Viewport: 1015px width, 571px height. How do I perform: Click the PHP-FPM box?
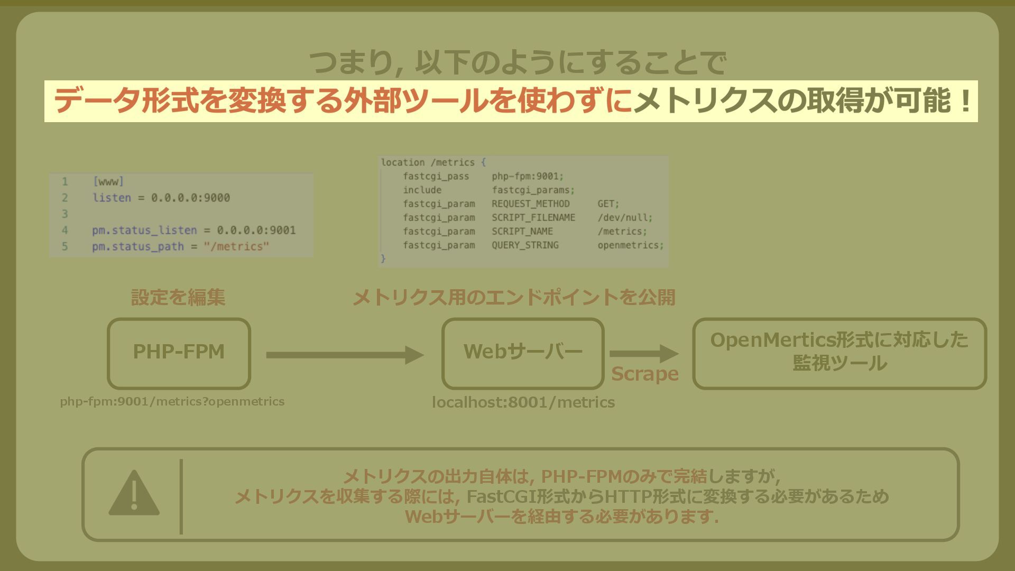(x=179, y=353)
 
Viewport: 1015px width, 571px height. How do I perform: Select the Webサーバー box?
(x=523, y=353)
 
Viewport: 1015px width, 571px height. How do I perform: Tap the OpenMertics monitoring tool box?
(x=839, y=353)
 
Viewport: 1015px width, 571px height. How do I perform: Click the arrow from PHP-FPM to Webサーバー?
(x=345, y=355)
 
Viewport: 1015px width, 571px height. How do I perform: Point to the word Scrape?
(x=644, y=374)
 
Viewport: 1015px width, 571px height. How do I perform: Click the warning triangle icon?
(x=134, y=493)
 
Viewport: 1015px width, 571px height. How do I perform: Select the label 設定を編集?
(x=178, y=298)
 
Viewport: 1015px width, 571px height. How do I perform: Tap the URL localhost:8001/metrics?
(x=523, y=402)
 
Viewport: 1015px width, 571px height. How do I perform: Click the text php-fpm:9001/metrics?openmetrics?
(x=172, y=402)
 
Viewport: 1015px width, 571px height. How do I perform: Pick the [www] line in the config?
(x=108, y=182)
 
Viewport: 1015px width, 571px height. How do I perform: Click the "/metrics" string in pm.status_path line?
(x=236, y=247)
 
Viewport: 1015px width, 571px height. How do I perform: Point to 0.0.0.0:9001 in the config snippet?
(x=256, y=231)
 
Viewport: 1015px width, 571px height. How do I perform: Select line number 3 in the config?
(x=64, y=214)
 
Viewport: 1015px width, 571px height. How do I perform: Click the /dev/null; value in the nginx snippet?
(x=625, y=218)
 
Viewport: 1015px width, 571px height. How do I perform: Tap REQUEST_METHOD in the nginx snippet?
(x=530, y=204)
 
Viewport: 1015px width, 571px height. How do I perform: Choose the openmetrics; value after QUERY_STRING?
(x=630, y=245)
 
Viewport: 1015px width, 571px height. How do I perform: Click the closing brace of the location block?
(x=383, y=259)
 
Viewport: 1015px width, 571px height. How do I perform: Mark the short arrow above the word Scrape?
(x=643, y=354)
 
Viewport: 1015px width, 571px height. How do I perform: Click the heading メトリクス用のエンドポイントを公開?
(x=514, y=298)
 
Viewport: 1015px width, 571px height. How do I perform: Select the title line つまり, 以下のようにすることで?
(x=517, y=63)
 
